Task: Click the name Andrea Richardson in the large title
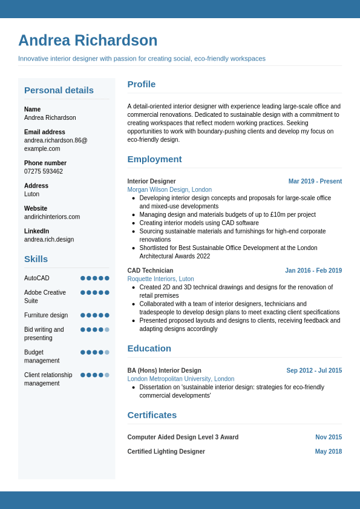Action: [88, 41]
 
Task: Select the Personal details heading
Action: [59, 90]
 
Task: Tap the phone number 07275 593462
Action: [44, 171]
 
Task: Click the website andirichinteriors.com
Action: [52, 217]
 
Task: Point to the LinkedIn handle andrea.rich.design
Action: [49, 239]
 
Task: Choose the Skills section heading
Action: [36, 259]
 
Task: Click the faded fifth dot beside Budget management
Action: [107, 352]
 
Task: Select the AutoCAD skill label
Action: [37, 278]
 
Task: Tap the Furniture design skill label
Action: [46, 315]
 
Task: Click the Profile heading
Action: [142, 84]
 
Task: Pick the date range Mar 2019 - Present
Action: [315, 182]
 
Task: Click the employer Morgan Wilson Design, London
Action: [169, 189]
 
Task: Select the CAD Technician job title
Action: [150, 271]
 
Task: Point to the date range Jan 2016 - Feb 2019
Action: [313, 271]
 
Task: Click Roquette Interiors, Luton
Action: [160, 279]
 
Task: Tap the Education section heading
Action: [149, 348]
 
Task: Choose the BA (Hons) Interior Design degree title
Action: [164, 370]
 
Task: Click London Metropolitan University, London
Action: [180, 379]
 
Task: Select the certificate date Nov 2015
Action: [329, 437]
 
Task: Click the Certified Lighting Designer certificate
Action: [166, 452]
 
